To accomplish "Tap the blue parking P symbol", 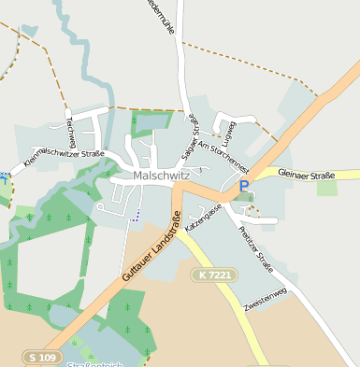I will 244,186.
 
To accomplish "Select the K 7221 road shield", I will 215,275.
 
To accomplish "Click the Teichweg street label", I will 69,131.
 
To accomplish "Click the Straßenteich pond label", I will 94,364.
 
